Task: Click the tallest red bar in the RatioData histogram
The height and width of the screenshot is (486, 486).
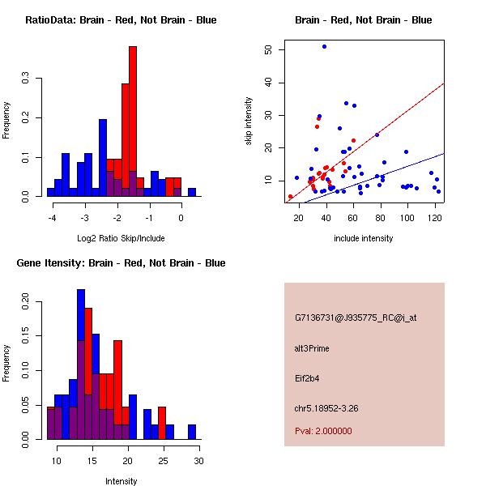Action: [x=133, y=122]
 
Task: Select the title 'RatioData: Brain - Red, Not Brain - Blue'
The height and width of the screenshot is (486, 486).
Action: [x=121, y=20]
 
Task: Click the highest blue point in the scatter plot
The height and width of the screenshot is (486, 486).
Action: [x=324, y=47]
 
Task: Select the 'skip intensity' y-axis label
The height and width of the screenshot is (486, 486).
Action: [x=250, y=122]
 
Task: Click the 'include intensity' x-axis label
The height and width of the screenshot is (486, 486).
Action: [x=364, y=238]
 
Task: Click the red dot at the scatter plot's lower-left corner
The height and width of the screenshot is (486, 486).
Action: [x=290, y=197]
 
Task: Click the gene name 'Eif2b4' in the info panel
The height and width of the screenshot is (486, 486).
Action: [x=309, y=377]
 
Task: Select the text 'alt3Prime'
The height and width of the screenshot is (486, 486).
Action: [x=313, y=348]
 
